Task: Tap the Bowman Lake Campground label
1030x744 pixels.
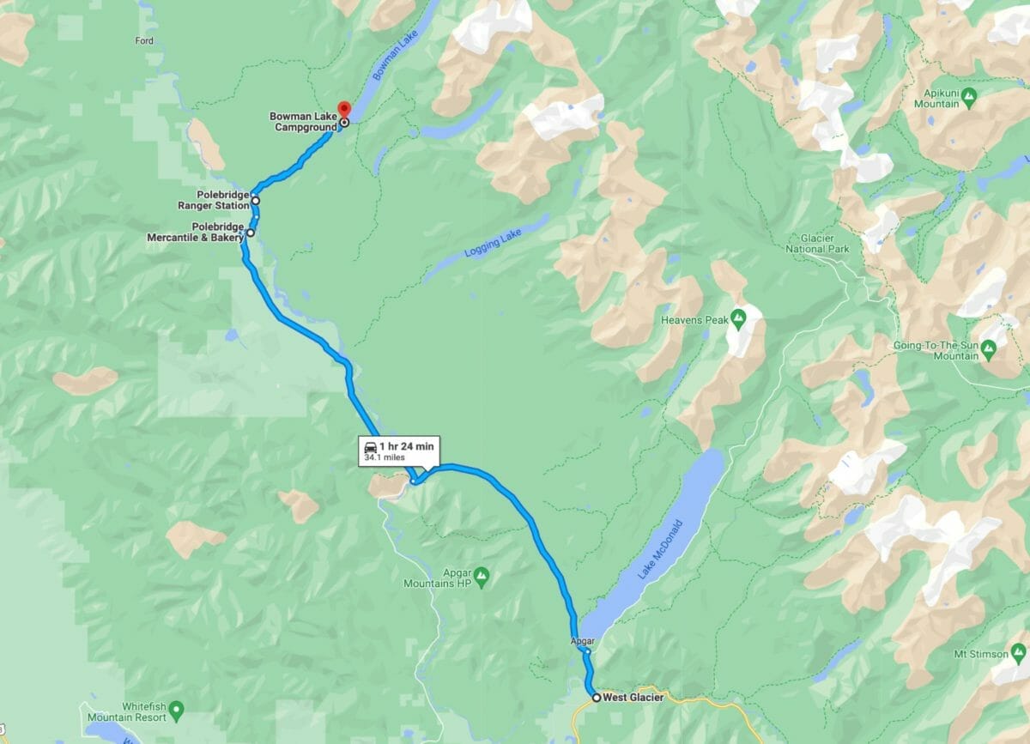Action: [303, 122]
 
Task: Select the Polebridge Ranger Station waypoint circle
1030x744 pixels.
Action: [256, 201]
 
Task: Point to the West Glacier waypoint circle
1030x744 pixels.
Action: [597, 698]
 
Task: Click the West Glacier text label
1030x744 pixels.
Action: [633, 698]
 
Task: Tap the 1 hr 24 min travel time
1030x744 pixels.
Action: [409, 445]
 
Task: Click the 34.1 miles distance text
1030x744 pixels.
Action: [384, 458]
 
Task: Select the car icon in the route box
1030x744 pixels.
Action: [370, 445]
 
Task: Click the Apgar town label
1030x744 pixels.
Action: [581, 641]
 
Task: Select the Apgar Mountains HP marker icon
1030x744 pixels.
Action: [482, 572]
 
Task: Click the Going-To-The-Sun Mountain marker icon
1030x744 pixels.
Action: [988, 348]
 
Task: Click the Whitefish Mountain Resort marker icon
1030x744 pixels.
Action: [177, 710]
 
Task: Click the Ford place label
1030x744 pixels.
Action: [144, 41]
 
